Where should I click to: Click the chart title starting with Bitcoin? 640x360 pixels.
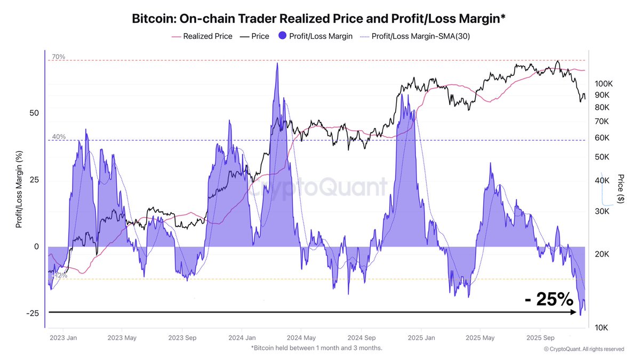(319, 19)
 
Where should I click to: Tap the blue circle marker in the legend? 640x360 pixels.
(281, 37)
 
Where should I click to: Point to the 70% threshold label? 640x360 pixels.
(59, 57)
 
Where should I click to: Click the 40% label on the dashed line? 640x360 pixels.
(59, 137)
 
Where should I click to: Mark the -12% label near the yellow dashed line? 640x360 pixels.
(60, 276)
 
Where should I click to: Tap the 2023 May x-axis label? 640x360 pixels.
(122, 338)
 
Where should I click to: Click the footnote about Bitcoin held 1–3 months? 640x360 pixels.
(316, 348)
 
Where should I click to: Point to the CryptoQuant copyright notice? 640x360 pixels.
(583, 349)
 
